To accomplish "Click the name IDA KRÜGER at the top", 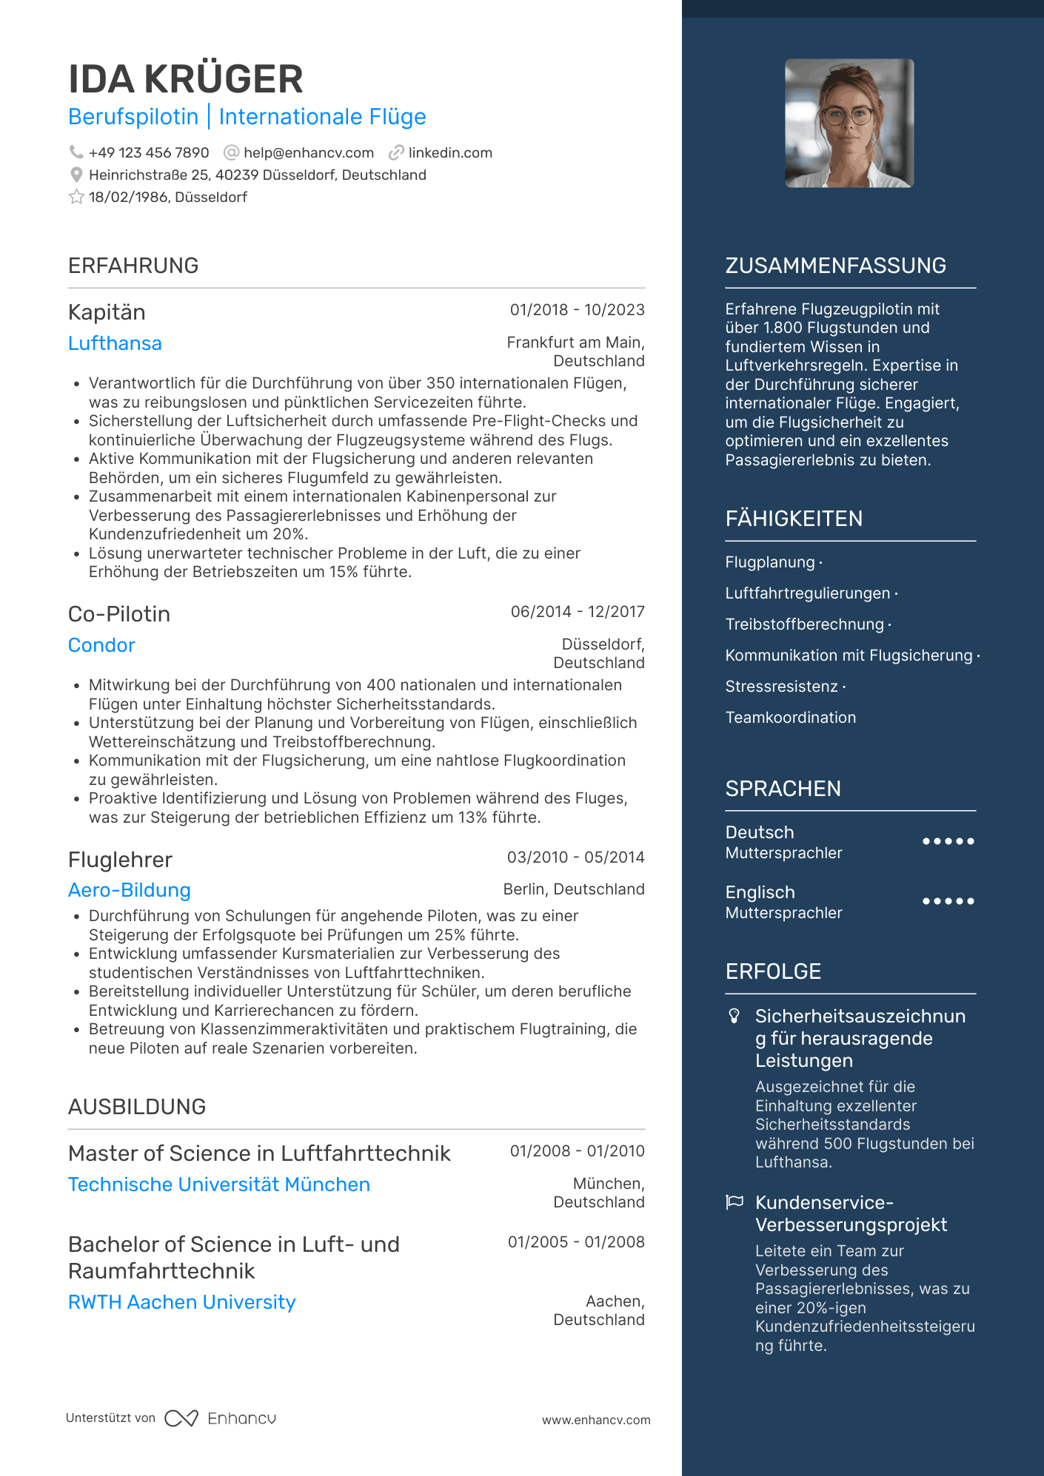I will point(185,79).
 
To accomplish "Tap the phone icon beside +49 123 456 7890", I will point(76,152).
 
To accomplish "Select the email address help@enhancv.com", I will point(308,153).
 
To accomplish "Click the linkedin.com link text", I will point(450,153).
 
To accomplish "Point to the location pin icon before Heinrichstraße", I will point(76,175).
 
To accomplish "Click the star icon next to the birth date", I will point(76,198).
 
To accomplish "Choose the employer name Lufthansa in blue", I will point(115,344).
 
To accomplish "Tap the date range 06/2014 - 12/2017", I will point(577,612).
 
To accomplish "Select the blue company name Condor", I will point(101,646).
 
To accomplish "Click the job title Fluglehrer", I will point(120,860).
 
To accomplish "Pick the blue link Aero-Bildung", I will point(130,891).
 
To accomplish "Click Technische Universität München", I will point(219,1185).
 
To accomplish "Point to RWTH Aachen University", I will point(181,1303).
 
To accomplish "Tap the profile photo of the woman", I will point(849,124).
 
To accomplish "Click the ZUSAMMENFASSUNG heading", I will point(835,266).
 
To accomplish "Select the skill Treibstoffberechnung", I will point(804,624).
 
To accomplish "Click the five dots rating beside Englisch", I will point(948,902).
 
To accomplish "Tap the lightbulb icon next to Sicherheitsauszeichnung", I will point(734,1017).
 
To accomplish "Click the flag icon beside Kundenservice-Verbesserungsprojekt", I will point(734,1202).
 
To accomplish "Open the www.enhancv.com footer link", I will point(595,1421).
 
